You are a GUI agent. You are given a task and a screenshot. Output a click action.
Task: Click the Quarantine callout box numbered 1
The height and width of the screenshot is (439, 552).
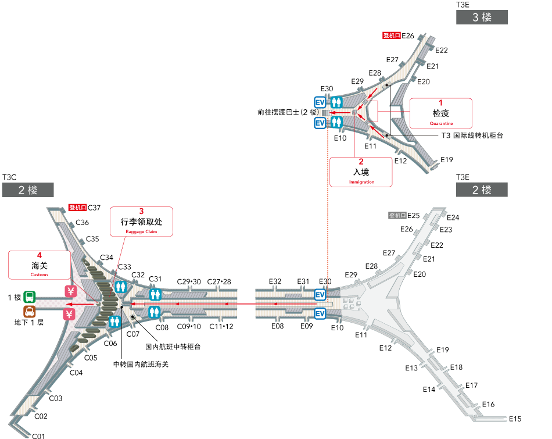(x=440, y=113)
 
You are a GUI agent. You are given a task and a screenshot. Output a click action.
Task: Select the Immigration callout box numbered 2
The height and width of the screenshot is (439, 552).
(x=361, y=172)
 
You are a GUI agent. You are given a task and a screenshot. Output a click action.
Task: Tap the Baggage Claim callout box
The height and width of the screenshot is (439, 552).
(x=141, y=222)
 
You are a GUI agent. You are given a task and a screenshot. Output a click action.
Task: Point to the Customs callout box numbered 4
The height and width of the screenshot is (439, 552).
(x=40, y=265)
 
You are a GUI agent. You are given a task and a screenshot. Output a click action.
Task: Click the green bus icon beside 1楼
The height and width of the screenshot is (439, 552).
(x=30, y=297)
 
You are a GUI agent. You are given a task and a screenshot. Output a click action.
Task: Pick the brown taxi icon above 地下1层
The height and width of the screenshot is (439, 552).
(x=30, y=312)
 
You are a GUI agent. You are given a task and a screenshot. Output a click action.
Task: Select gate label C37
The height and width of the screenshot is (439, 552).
(x=95, y=208)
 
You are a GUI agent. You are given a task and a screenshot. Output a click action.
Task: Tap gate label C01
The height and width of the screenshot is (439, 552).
(x=38, y=436)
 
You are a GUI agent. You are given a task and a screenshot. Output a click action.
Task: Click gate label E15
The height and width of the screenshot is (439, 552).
(x=515, y=419)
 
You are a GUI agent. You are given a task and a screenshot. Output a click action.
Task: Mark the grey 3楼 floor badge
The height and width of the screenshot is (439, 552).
(x=482, y=17)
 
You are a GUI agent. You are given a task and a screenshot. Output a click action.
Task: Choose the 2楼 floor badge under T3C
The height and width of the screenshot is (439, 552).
(x=28, y=190)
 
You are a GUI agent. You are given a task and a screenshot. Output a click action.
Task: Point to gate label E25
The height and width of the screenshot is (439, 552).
(x=414, y=215)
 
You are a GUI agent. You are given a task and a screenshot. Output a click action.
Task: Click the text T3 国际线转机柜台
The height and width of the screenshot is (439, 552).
(x=472, y=135)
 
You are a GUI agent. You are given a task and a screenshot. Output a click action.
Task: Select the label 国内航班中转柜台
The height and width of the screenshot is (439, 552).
(x=173, y=346)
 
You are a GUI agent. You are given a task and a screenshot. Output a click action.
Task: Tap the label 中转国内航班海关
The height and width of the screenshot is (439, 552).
(x=141, y=364)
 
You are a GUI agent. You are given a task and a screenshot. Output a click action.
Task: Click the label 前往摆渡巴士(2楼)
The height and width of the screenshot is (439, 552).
(x=289, y=112)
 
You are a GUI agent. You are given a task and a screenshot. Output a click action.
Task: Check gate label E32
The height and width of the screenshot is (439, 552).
(x=275, y=281)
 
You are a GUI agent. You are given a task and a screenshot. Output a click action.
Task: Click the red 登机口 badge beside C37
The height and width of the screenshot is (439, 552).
(x=77, y=208)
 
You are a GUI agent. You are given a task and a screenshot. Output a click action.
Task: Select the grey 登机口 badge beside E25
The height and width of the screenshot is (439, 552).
(x=397, y=215)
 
